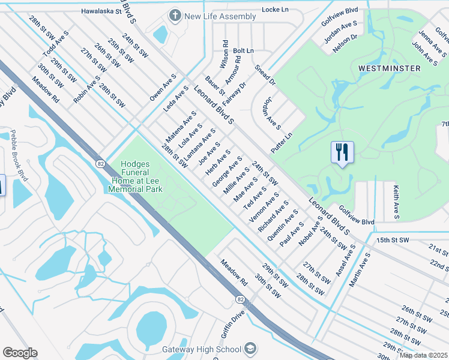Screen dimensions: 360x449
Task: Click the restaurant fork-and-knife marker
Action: click(x=342, y=152)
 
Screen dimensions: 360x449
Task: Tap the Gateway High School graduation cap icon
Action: click(x=250, y=349)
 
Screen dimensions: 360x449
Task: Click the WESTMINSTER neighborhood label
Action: click(x=389, y=68)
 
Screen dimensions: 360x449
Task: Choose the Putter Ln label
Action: click(x=281, y=143)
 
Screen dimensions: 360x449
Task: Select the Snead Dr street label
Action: click(x=265, y=75)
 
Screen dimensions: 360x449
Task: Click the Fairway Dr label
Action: click(x=236, y=93)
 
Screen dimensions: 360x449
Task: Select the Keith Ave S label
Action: click(x=396, y=201)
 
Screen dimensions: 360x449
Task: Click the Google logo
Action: click(x=20, y=353)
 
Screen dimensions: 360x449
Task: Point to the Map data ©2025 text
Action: click(x=423, y=355)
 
